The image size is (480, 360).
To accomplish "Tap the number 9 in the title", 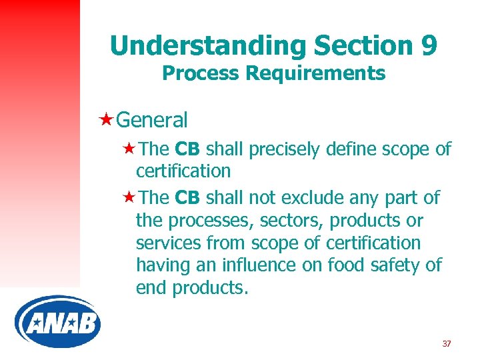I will point(427,46).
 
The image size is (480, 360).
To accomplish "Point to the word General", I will point(151,121).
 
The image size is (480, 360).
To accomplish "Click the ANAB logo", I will point(57,323).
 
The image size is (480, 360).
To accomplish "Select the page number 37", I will point(446,344).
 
